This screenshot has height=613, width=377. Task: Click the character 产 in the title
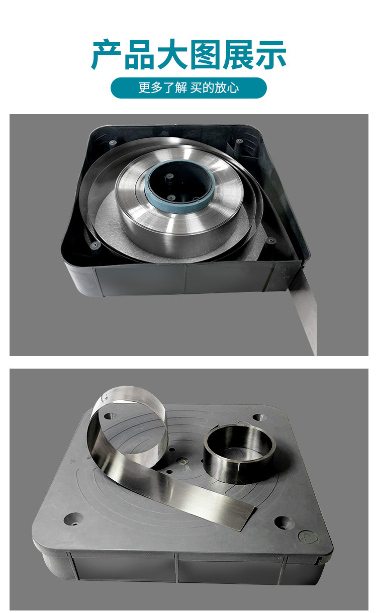point(106,55)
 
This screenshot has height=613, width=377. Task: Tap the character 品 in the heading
point(139,55)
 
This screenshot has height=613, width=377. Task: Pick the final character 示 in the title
point(271,55)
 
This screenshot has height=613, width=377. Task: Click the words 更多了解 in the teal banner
point(163,88)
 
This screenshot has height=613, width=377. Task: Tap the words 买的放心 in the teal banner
point(215,88)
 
